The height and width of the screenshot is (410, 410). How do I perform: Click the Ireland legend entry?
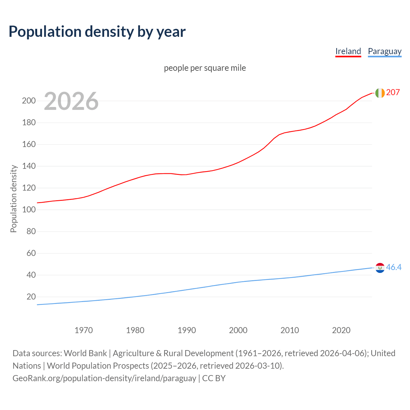pyautogui.click(x=348, y=51)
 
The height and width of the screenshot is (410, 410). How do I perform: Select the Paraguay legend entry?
pyautogui.click(x=384, y=51)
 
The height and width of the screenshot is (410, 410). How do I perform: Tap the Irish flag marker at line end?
pyautogui.click(x=380, y=93)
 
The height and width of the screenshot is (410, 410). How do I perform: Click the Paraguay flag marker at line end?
pyautogui.click(x=380, y=268)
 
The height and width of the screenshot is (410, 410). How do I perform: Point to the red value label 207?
pyautogui.click(x=393, y=92)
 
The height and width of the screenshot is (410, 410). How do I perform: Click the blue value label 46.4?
pyautogui.click(x=394, y=267)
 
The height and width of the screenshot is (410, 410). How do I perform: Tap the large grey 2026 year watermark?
pyautogui.click(x=71, y=101)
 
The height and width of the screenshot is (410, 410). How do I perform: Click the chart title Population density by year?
pyautogui.click(x=97, y=31)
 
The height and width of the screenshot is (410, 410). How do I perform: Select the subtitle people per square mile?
pyautogui.click(x=205, y=68)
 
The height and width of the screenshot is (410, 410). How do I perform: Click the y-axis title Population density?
pyautogui.click(x=13, y=199)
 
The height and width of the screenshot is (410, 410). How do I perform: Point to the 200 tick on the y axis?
pyautogui.click(x=29, y=101)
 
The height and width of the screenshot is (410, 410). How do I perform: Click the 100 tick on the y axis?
pyautogui.click(x=29, y=209)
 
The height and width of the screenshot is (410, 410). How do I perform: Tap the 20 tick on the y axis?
pyautogui.click(x=31, y=297)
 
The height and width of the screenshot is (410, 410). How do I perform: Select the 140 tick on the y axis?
pyautogui.click(x=29, y=166)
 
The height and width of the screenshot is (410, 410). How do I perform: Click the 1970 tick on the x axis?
pyautogui.click(x=84, y=330)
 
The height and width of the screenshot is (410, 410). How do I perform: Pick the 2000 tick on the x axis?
pyautogui.click(x=238, y=330)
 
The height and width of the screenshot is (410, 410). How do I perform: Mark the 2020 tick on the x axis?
pyautogui.click(x=341, y=330)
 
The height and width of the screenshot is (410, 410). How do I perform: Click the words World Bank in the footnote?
pyautogui.click(x=85, y=353)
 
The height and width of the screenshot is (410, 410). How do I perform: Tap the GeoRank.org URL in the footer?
pyautogui.click(x=104, y=378)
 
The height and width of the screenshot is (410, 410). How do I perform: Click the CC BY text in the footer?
pyautogui.click(x=214, y=378)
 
